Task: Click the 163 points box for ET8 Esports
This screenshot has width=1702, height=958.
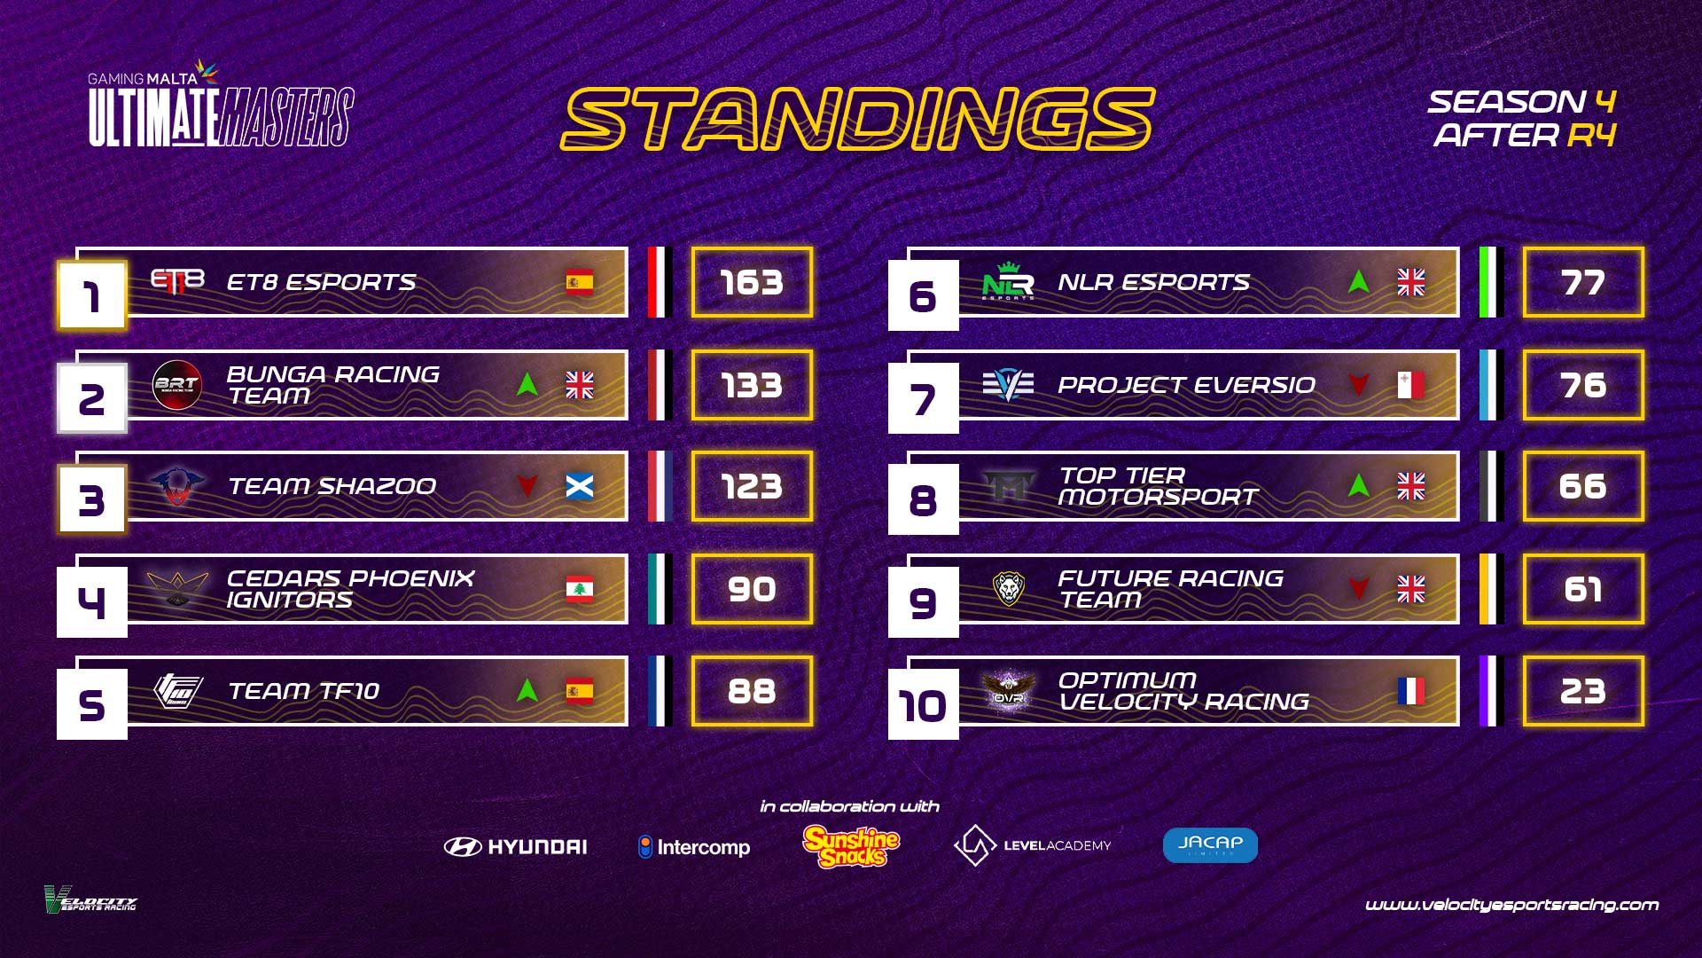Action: click(x=752, y=282)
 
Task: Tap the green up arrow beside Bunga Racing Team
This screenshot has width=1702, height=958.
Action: click(x=527, y=384)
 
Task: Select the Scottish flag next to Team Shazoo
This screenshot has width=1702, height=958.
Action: click(x=580, y=486)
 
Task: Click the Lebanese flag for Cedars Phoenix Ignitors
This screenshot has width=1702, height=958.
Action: click(x=580, y=589)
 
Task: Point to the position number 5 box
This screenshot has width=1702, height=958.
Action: click(x=92, y=705)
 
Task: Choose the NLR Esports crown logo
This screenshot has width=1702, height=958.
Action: click(x=1008, y=281)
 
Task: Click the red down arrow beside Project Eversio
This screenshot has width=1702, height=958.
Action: click(x=1359, y=384)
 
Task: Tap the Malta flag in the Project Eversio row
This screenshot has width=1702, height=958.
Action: click(x=1411, y=385)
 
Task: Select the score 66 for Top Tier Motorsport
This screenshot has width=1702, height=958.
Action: click(x=1583, y=486)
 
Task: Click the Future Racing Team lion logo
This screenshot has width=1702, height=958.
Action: click(x=1009, y=588)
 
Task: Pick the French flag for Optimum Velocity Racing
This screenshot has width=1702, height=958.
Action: click(x=1411, y=691)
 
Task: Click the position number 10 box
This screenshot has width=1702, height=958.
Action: click(x=924, y=705)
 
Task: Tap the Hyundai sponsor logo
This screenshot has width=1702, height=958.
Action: click(x=516, y=847)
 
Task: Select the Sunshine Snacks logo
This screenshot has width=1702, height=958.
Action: click(x=852, y=846)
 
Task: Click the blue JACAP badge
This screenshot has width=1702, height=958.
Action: click(x=1210, y=845)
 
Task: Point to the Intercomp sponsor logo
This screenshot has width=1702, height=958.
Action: click(x=694, y=847)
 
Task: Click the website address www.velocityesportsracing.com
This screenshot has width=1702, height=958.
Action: click(x=1511, y=905)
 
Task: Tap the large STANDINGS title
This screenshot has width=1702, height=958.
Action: click(x=857, y=119)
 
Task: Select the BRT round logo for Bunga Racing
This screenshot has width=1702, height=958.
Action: click(x=177, y=385)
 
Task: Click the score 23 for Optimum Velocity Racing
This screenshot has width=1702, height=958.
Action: click(x=1583, y=691)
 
